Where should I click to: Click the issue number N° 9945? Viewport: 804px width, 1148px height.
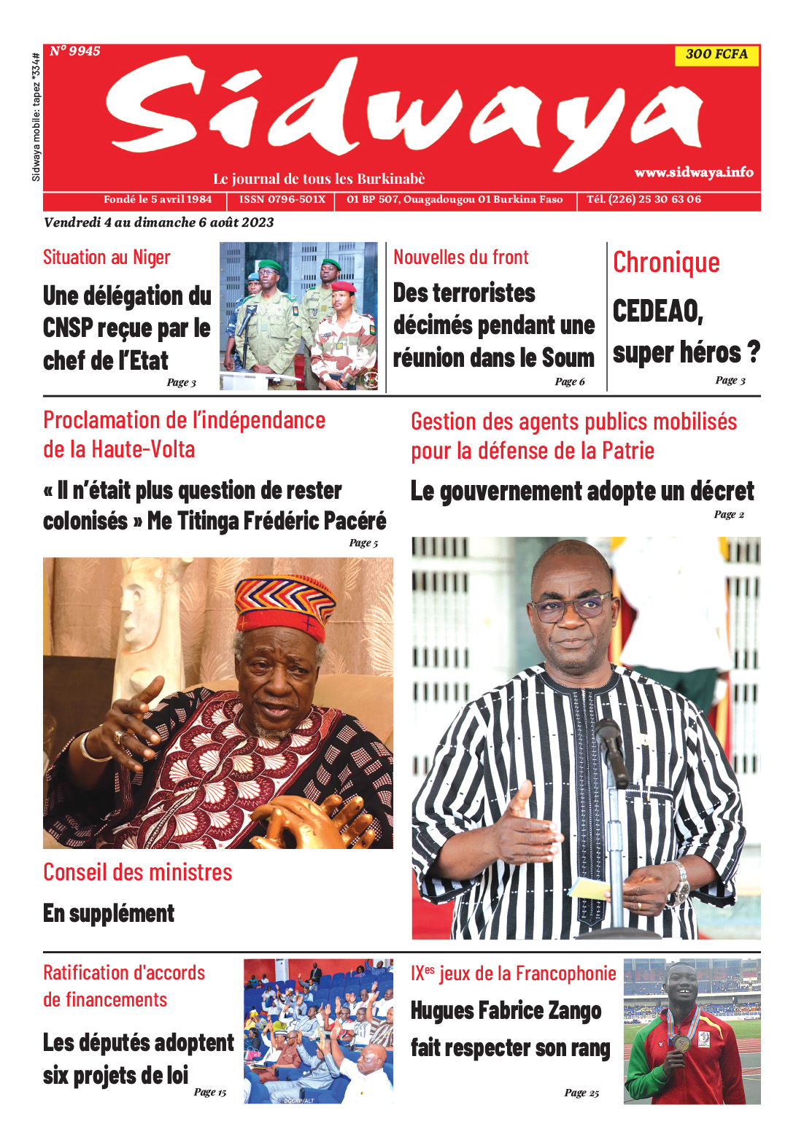coord(75,51)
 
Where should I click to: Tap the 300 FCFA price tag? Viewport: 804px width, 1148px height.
coord(716,54)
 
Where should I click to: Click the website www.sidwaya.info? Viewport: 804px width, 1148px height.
coord(693,172)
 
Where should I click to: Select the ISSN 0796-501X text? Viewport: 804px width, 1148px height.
coord(282,199)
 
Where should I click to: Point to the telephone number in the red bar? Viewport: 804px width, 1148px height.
coord(643,199)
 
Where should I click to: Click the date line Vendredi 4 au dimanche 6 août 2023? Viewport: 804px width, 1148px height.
coord(159,222)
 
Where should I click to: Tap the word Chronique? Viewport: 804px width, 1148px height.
coord(666,263)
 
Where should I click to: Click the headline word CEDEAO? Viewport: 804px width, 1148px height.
coord(657,311)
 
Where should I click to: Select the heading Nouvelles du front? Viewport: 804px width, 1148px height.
coord(460,257)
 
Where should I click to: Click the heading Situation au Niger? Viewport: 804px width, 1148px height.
coord(107,257)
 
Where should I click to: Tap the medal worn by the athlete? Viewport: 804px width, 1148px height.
coord(681,1043)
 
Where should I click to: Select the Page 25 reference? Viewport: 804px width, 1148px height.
coord(581,1092)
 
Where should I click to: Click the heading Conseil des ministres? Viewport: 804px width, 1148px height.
coord(138,872)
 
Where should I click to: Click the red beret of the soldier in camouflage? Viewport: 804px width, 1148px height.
coord(343,287)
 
